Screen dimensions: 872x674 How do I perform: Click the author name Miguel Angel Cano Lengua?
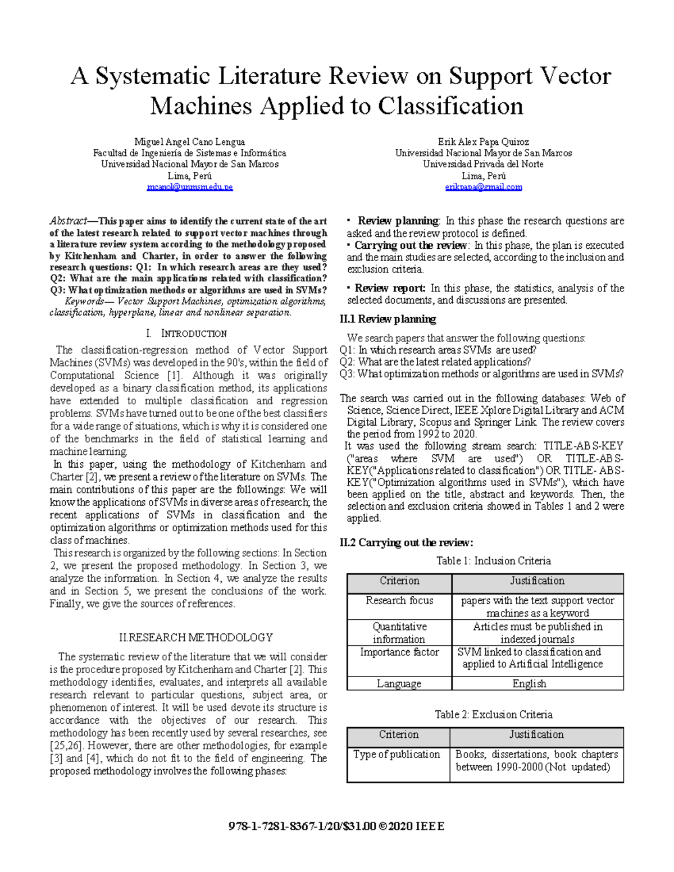189,142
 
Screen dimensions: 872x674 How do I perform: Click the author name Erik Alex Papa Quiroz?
483,142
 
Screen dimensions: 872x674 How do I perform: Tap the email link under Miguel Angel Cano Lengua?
189,187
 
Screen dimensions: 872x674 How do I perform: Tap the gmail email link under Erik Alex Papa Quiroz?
483,187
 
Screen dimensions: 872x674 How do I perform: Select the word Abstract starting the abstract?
68,221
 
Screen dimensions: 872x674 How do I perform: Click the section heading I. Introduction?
186,334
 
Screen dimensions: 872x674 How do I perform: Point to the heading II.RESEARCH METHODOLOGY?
196,638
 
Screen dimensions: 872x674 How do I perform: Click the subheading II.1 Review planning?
388,319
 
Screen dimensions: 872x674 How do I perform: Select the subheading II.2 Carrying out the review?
407,542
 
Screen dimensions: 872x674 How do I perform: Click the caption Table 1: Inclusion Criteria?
493,561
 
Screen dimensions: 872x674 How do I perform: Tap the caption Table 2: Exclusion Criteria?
493,715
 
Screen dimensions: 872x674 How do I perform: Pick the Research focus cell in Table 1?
399,601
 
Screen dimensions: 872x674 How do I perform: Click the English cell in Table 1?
529,684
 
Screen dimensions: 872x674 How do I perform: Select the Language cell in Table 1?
399,684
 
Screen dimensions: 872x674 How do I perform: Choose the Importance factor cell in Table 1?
399,652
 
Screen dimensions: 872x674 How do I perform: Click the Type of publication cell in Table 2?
397,755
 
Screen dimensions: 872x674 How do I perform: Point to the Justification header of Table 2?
536,735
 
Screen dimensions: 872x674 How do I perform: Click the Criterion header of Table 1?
399,581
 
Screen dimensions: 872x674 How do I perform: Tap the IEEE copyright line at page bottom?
336,827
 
